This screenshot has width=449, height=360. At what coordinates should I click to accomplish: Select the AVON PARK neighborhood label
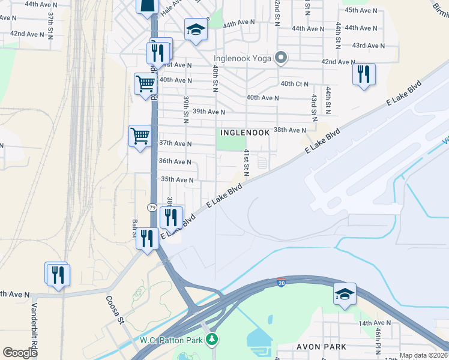pos(322,347)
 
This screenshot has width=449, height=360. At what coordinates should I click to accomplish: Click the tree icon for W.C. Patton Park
pos(211,340)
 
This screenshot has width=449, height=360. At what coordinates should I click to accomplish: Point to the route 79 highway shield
pos(152,207)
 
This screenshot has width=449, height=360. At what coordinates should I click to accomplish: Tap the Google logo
pos(20,353)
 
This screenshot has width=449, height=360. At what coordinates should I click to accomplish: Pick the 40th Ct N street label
pos(294,83)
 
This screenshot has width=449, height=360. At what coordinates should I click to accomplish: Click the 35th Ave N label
pos(176,179)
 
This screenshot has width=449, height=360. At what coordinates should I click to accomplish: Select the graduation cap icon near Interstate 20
pos(345,293)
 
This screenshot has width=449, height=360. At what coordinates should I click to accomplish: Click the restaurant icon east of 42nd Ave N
pos(364,74)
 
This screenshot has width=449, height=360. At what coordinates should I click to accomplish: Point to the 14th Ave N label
pos(375,323)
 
